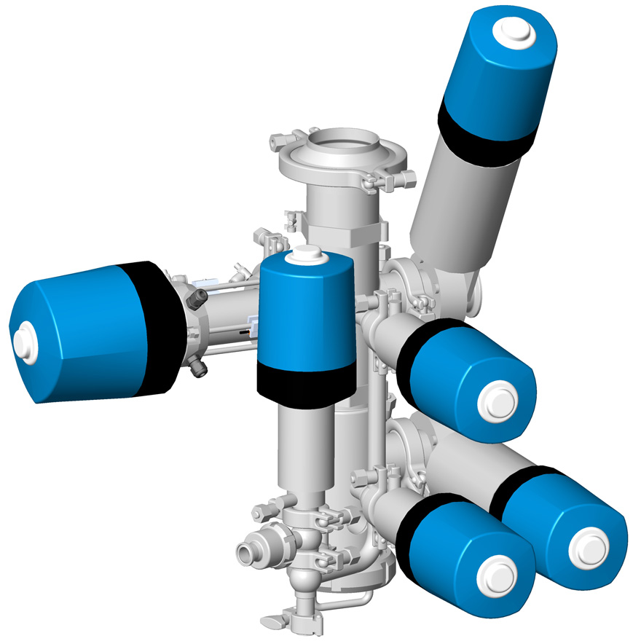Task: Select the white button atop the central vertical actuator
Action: coord(305,254)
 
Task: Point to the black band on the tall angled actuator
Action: coord(484,131)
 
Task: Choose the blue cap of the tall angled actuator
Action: coord(499,73)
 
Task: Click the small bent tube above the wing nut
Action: coord(350,603)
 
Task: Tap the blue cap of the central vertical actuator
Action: coord(306,313)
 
